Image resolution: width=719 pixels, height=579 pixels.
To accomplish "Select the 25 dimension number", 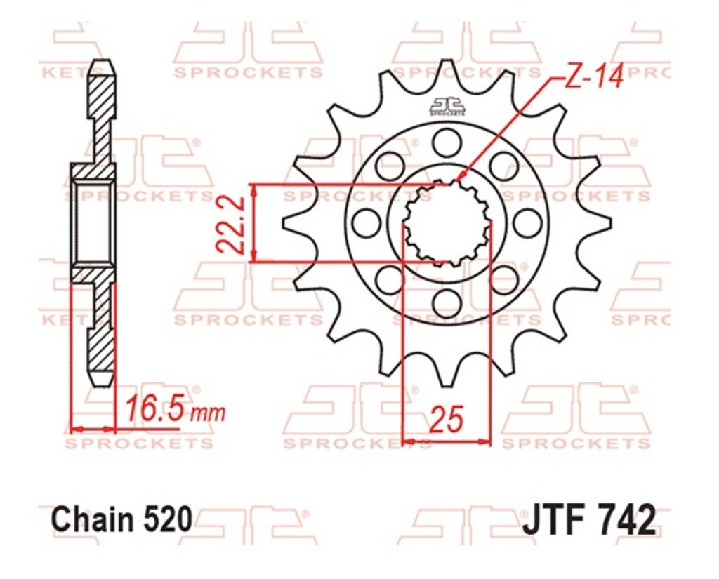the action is [x=446, y=419].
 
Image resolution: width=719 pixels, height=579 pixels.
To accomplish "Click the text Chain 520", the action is [x=121, y=519].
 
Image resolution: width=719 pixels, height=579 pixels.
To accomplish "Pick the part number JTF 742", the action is [x=589, y=519].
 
